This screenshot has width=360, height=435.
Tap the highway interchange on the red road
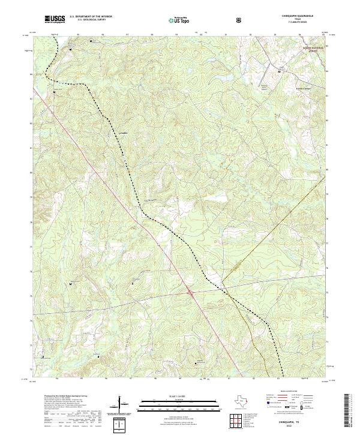(190, 293)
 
